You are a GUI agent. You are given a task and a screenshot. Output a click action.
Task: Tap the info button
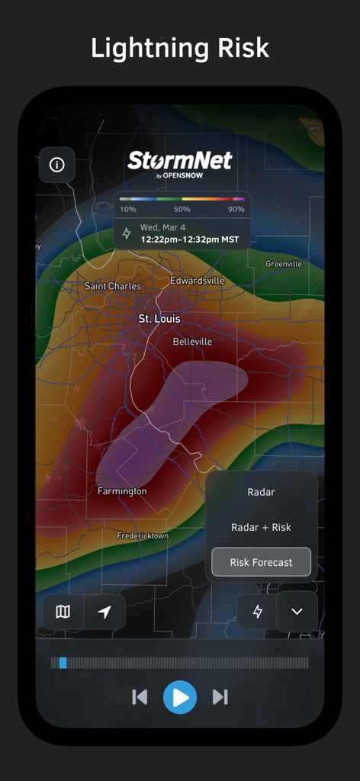tap(56, 165)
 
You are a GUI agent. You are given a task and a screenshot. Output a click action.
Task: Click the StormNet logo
tap(180, 162)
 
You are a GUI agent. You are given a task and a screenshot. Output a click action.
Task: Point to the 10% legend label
tap(128, 209)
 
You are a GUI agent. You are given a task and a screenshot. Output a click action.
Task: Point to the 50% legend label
tap(182, 209)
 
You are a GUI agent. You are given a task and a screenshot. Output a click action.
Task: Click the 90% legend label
tap(236, 209)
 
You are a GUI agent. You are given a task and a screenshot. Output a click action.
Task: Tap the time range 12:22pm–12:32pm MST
tap(189, 239)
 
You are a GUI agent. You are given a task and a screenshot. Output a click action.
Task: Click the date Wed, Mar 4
tap(163, 228)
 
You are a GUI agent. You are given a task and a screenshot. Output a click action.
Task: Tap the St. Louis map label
tap(159, 318)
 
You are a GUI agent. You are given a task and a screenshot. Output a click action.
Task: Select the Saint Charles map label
tap(113, 286)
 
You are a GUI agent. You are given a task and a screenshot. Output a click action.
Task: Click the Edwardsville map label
tap(197, 281)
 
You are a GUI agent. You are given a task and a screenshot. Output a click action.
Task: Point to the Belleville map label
tap(192, 342)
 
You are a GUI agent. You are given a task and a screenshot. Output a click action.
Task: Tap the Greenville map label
tap(284, 264)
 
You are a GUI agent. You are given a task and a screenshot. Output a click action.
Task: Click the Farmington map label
tap(122, 491)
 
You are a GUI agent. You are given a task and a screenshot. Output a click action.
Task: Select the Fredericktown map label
tap(143, 536)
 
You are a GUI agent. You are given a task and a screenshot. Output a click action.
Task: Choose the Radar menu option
tap(261, 492)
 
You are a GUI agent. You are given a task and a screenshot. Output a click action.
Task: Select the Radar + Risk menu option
tap(261, 527)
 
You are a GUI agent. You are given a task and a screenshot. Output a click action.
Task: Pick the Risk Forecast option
tap(261, 562)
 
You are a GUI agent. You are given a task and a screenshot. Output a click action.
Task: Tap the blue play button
tap(180, 696)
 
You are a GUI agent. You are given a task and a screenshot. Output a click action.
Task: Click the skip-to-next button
tap(220, 696)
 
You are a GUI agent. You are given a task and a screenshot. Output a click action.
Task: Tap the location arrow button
tap(104, 612)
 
